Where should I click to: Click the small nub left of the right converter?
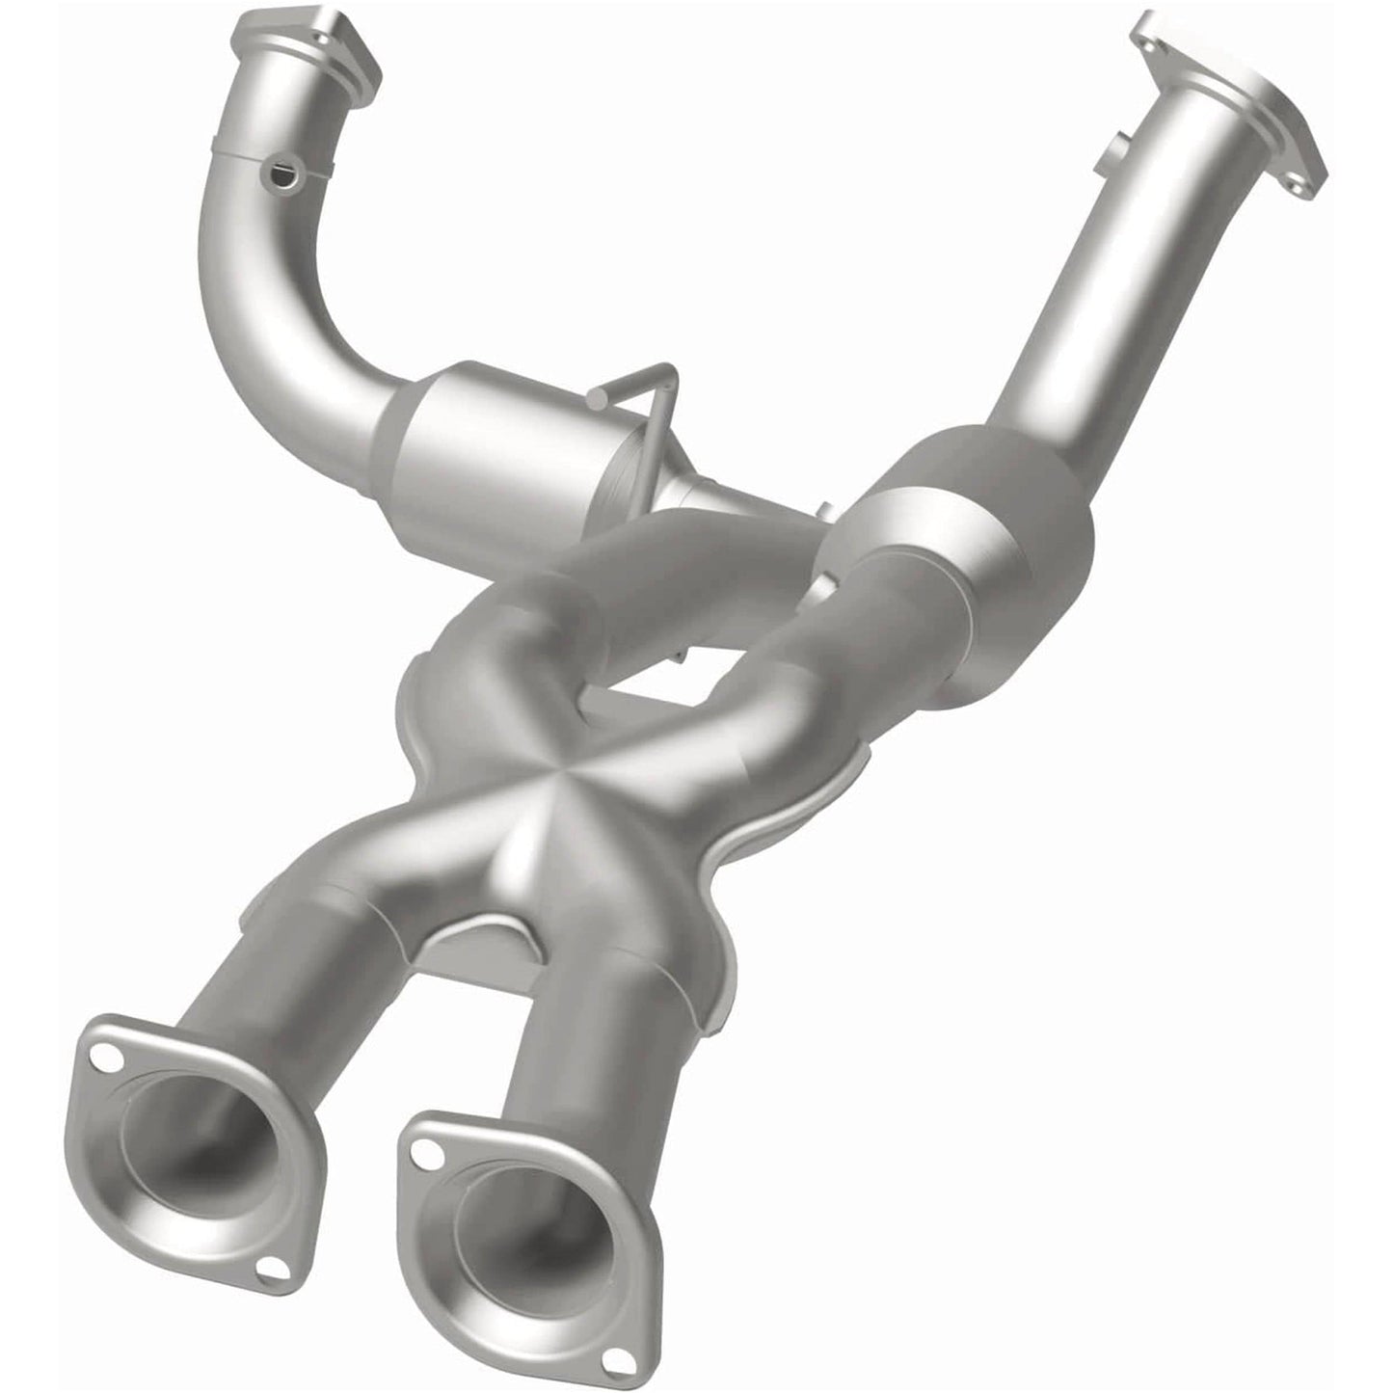pyautogui.click(x=825, y=510)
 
